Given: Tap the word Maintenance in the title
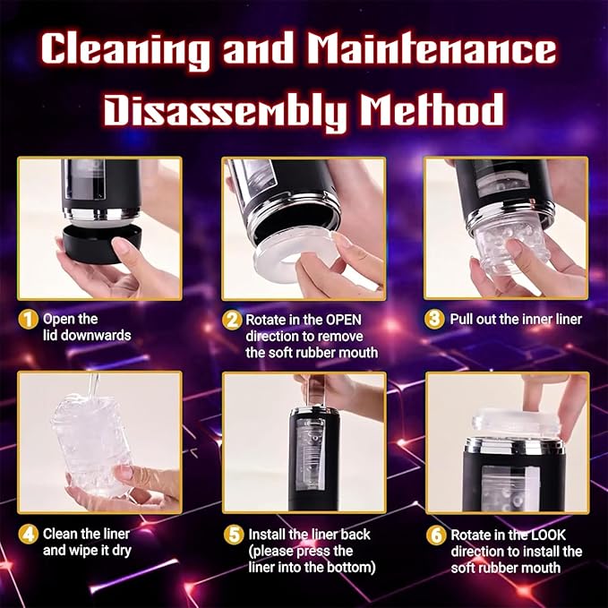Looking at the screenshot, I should click(x=432, y=50).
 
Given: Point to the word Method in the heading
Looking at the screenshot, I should click(x=439, y=112).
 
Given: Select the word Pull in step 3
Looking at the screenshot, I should click(x=465, y=320).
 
